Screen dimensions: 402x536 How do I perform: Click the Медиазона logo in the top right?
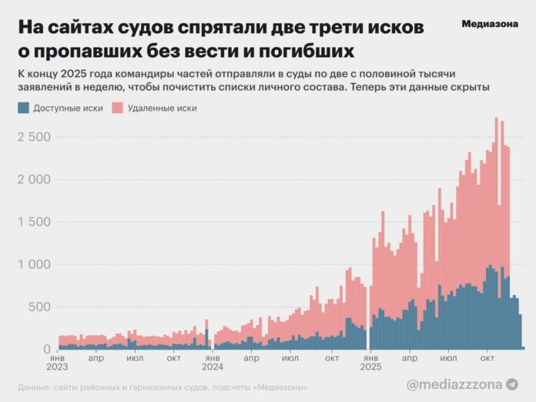(490, 23)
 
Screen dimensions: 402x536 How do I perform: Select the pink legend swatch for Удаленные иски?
(117, 109)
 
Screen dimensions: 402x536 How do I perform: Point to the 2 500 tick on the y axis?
(34, 137)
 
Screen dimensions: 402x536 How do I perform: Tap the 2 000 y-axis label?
(34, 179)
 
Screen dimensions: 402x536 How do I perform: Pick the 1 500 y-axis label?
(35, 222)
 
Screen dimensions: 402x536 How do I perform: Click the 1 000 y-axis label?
(35, 264)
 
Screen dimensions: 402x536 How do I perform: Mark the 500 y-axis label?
(40, 307)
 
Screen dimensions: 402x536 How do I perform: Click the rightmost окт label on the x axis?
(487, 358)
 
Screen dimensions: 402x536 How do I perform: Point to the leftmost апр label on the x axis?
(96, 358)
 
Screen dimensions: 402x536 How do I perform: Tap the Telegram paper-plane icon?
(512, 383)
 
